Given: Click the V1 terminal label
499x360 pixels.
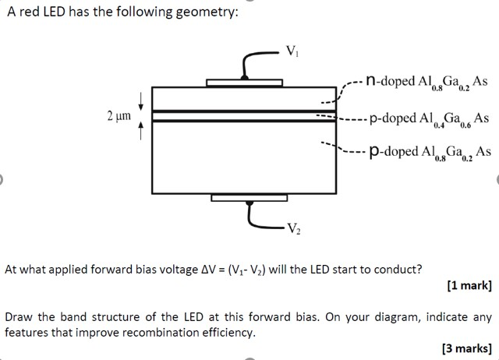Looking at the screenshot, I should click(x=292, y=53).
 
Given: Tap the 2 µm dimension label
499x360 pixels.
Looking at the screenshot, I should click(x=119, y=116).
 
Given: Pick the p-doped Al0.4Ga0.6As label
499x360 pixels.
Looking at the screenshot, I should click(x=430, y=118).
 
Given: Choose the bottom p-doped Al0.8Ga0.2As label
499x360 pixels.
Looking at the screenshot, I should click(x=430, y=151).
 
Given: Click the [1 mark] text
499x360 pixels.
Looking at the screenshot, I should click(x=469, y=285).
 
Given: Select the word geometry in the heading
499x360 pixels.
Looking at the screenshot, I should click(x=202, y=14).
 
